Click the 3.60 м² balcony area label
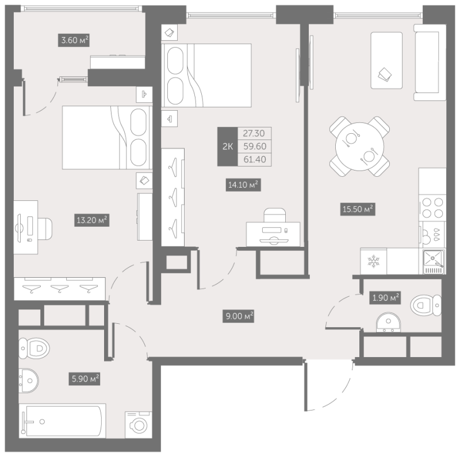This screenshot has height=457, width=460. [x=74, y=40]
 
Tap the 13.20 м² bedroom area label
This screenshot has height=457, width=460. [x=91, y=220]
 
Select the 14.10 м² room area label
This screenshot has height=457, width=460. [x=243, y=185]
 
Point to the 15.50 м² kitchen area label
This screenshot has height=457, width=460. [x=358, y=209]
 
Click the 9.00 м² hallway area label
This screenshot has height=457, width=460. [x=238, y=316]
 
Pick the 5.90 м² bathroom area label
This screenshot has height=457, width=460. [x=84, y=379]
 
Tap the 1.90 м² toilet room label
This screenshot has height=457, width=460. [x=385, y=297]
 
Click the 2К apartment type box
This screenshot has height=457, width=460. [x=227, y=146]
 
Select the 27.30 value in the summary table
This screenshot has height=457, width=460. [x=254, y=133]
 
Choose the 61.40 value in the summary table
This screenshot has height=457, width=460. [x=254, y=160]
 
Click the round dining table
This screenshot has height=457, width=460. [x=360, y=146]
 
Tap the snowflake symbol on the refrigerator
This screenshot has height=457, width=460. [x=373, y=261]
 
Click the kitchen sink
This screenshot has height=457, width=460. [x=434, y=262]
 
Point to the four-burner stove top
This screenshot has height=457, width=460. [x=432, y=208]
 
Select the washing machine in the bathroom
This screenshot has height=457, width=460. [x=139, y=425]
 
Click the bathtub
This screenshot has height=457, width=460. [x=62, y=421]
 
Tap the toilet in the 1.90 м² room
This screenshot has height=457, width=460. [x=425, y=305]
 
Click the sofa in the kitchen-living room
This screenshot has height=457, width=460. [x=430, y=63]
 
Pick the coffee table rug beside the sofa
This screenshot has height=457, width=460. [x=386, y=60]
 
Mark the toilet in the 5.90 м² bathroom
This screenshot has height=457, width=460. [x=34, y=348]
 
